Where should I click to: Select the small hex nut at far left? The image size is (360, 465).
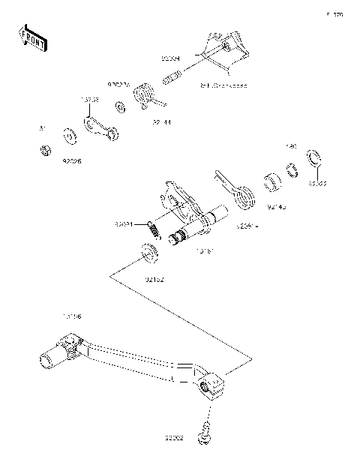pyautogui.click(x=44, y=151)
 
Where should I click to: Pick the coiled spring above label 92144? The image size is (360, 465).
pyautogui.click(x=143, y=97)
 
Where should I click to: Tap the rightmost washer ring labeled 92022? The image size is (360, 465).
pyautogui.click(x=315, y=160)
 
